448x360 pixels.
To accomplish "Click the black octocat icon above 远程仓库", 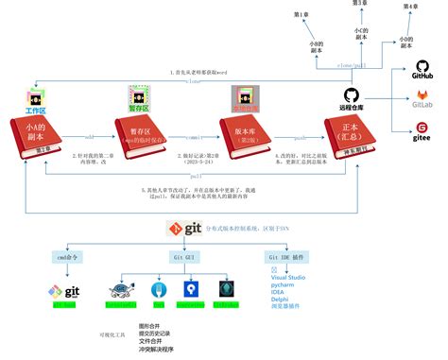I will pos(351,96).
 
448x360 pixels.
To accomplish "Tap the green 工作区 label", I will pos(35,111).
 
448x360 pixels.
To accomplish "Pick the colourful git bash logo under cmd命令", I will pos(67,290).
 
